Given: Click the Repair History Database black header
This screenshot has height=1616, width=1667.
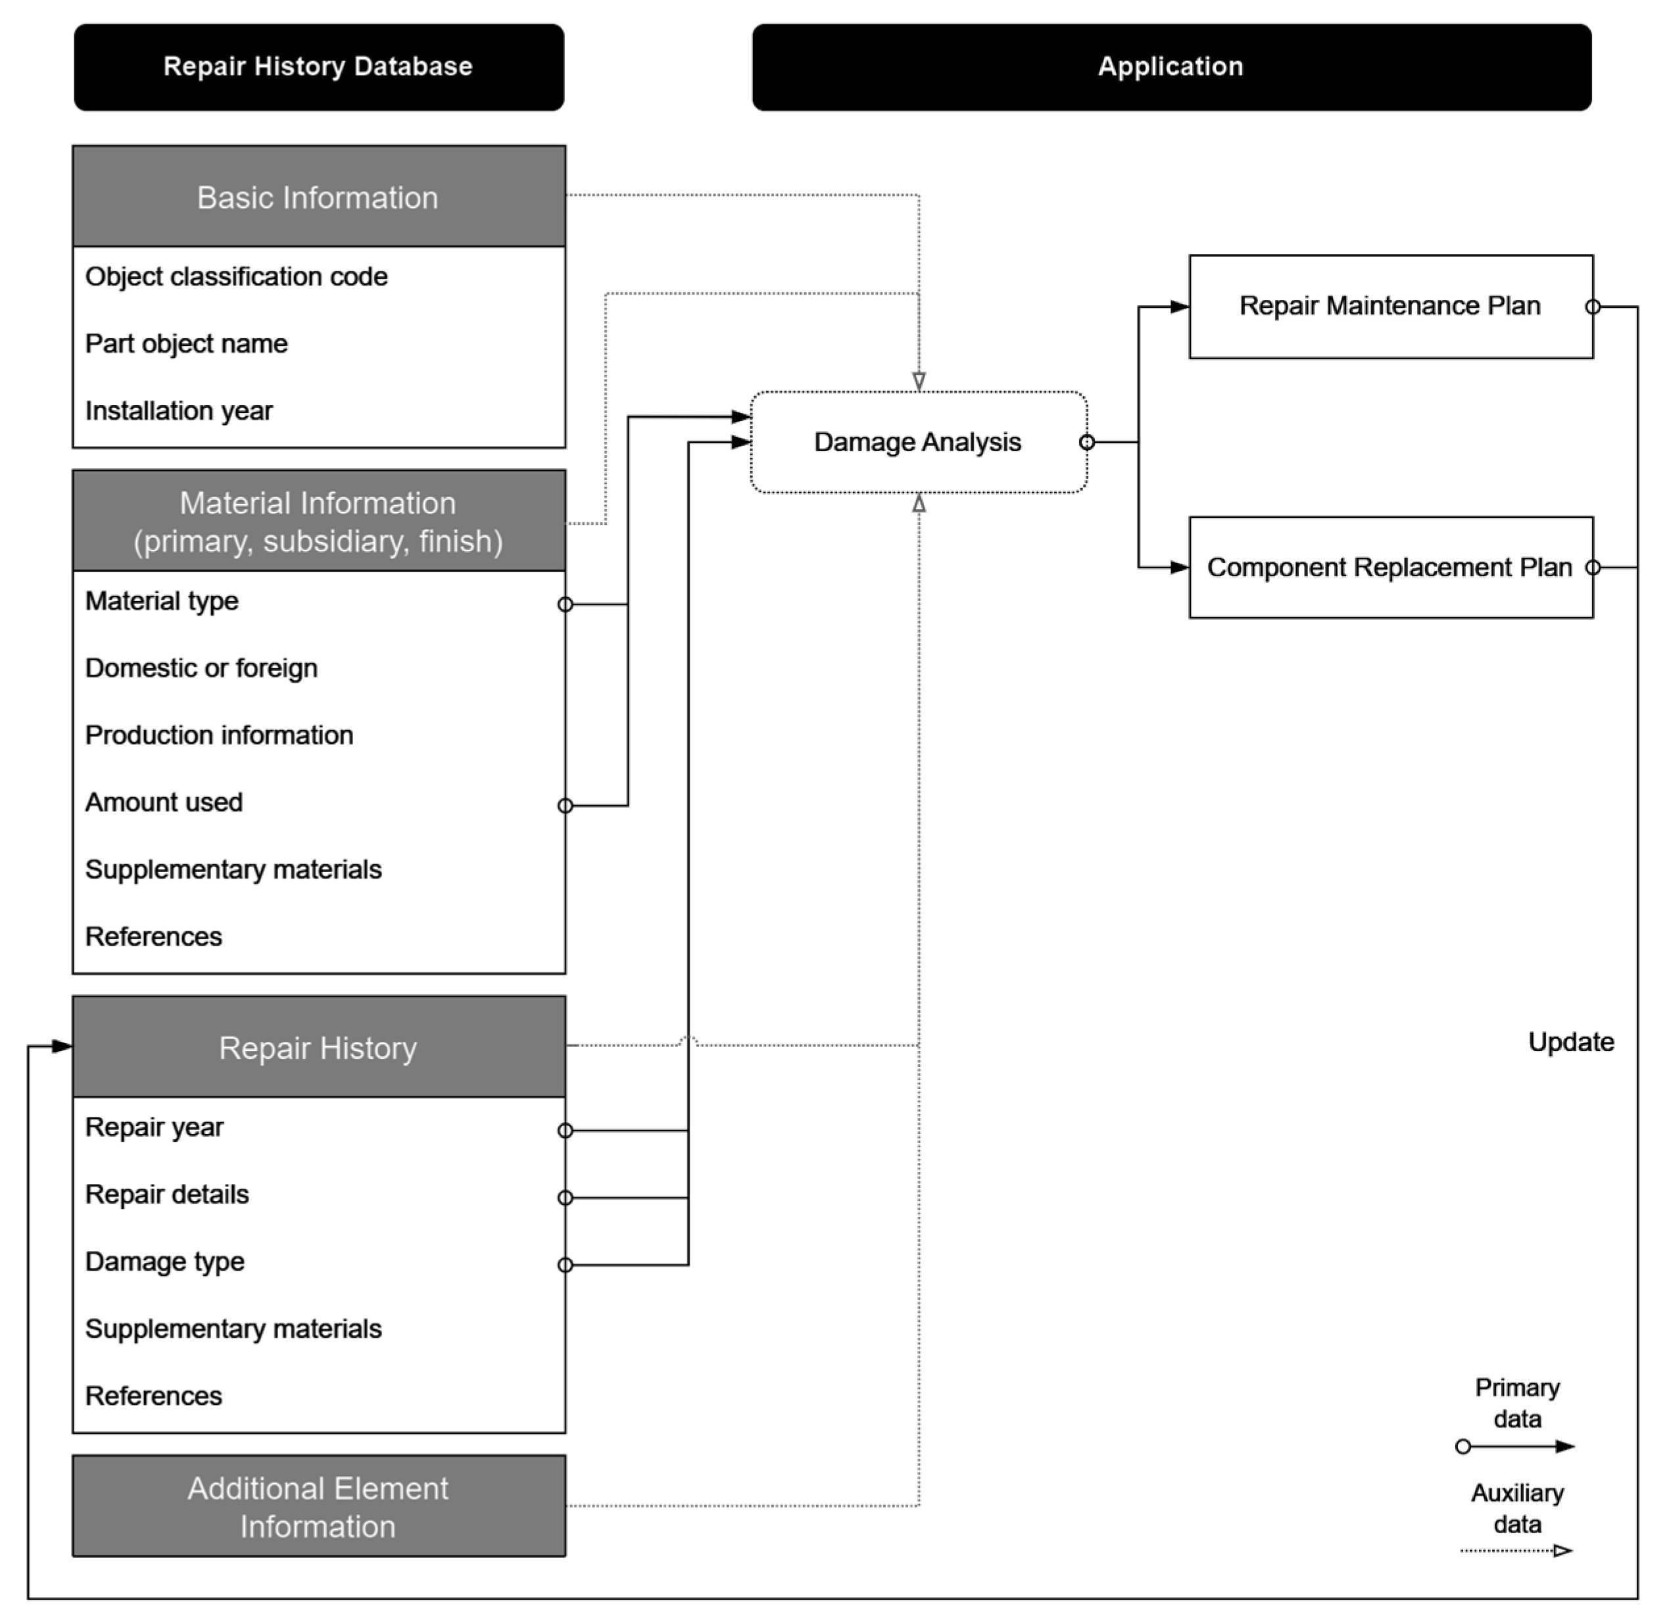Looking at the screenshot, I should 318,67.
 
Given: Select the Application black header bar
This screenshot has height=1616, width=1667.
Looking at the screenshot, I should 1171,67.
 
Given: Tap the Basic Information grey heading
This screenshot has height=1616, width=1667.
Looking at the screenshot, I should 318,197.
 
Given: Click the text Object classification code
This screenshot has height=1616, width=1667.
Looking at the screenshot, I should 237,276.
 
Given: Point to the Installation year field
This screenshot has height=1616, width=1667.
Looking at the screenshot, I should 179,411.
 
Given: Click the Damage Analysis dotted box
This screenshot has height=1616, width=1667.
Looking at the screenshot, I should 918,442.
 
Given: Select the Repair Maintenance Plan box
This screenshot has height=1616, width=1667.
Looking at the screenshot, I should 1389,306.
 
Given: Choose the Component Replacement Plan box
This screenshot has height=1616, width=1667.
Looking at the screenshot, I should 1389,568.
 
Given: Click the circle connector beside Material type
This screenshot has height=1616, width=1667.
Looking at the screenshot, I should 565,604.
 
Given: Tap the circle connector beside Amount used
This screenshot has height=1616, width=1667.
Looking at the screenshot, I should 565,806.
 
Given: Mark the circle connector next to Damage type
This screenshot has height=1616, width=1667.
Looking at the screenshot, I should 565,1265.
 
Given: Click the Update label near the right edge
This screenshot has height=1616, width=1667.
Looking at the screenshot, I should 1570,1042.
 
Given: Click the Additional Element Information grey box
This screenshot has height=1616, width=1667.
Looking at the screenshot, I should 318,1507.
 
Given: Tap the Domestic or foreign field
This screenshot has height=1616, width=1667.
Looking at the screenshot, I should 202,668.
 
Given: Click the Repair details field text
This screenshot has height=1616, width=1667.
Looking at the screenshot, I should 168,1195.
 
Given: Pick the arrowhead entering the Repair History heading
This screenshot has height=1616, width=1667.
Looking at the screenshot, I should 62,1046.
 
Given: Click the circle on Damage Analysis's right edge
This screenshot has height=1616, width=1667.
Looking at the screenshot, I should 1086,442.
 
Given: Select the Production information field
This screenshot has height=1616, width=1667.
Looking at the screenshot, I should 220,736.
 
